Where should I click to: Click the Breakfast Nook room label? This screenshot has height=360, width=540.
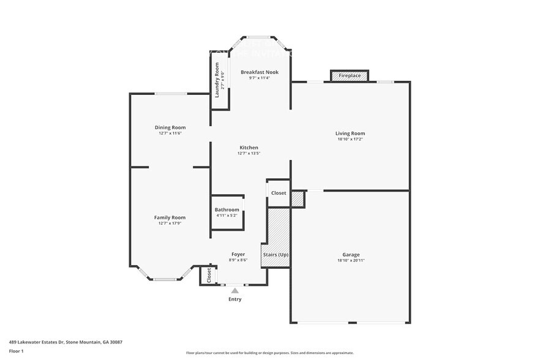pyautogui.click(x=259, y=72)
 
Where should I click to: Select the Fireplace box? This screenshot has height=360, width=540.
pyautogui.click(x=350, y=75)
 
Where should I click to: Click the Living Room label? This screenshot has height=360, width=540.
pyautogui.click(x=350, y=133)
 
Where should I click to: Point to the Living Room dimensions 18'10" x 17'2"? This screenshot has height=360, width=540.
pyautogui.click(x=350, y=140)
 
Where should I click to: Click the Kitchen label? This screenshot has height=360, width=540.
pyautogui.click(x=249, y=148)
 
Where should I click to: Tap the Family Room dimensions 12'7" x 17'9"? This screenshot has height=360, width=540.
pyautogui.click(x=170, y=223)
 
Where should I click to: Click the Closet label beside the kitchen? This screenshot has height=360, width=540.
pyautogui.click(x=279, y=193)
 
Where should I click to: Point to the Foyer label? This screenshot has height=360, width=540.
pyautogui.click(x=238, y=254)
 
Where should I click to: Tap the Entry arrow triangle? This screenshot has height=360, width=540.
pyautogui.click(x=235, y=291)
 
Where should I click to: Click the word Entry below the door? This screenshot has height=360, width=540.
pyautogui.click(x=235, y=299)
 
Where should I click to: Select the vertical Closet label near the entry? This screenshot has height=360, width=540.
pyautogui.click(x=209, y=276)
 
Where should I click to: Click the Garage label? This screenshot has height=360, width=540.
pyautogui.click(x=351, y=255)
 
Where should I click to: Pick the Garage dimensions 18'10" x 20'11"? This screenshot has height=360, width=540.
pyautogui.click(x=351, y=261)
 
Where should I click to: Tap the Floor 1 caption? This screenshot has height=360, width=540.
pyautogui.click(x=16, y=351)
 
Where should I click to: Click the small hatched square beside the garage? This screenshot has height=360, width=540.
pyautogui.click(x=298, y=200)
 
